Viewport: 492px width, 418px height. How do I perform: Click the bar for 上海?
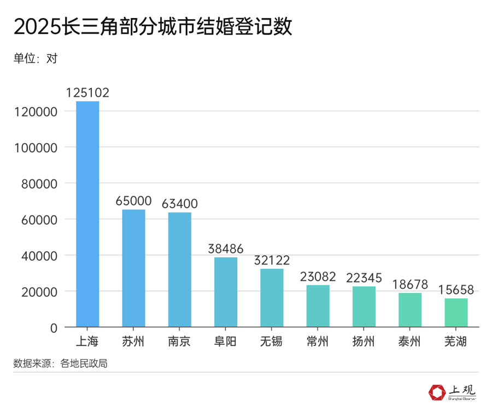tap(87, 214)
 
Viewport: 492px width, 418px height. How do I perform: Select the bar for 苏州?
tap(133, 268)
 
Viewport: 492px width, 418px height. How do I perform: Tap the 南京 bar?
tap(179, 270)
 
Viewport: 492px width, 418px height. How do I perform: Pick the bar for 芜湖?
tap(456, 313)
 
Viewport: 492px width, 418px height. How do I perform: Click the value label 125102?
tap(87, 93)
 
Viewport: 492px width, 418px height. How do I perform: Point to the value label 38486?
tap(226, 249)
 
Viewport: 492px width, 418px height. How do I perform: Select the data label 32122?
tap(272, 261)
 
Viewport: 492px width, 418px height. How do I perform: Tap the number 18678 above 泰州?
tap(410, 285)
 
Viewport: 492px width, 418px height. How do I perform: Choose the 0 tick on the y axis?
tap(54, 328)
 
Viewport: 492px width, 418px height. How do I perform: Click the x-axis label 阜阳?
tap(226, 343)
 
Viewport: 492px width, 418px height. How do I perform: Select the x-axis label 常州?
tap(318, 343)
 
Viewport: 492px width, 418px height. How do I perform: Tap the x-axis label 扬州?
tap(364, 343)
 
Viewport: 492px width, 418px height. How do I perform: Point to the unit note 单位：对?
tap(36, 58)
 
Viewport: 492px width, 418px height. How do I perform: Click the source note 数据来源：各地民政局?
tap(60, 363)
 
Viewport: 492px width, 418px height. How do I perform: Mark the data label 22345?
tap(364, 278)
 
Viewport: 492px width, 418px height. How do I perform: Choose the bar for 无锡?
tap(272, 298)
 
